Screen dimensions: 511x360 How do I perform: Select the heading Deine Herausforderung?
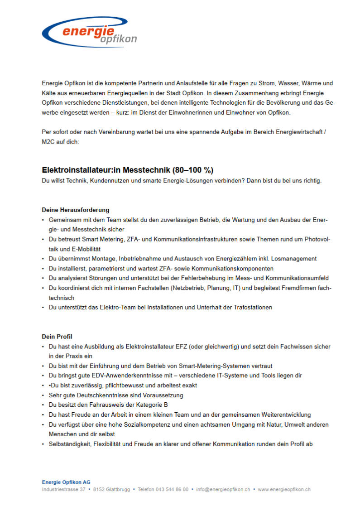[x=76, y=210]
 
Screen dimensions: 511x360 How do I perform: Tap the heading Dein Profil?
[x=57, y=337]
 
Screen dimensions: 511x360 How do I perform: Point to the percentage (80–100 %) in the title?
[x=193, y=170]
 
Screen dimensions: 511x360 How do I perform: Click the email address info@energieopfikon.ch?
[x=223, y=489]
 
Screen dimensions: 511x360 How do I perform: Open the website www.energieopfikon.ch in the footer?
[x=284, y=489]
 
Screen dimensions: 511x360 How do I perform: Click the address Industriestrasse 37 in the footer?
[x=63, y=489]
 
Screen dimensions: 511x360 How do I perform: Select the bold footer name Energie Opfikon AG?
[x=66, y=482]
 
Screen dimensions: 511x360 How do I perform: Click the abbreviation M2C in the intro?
[x=48, y=142]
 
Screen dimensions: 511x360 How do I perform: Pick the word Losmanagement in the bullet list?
[x=294, y=259]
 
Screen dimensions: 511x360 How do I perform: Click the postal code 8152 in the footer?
[x=99, y=489]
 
